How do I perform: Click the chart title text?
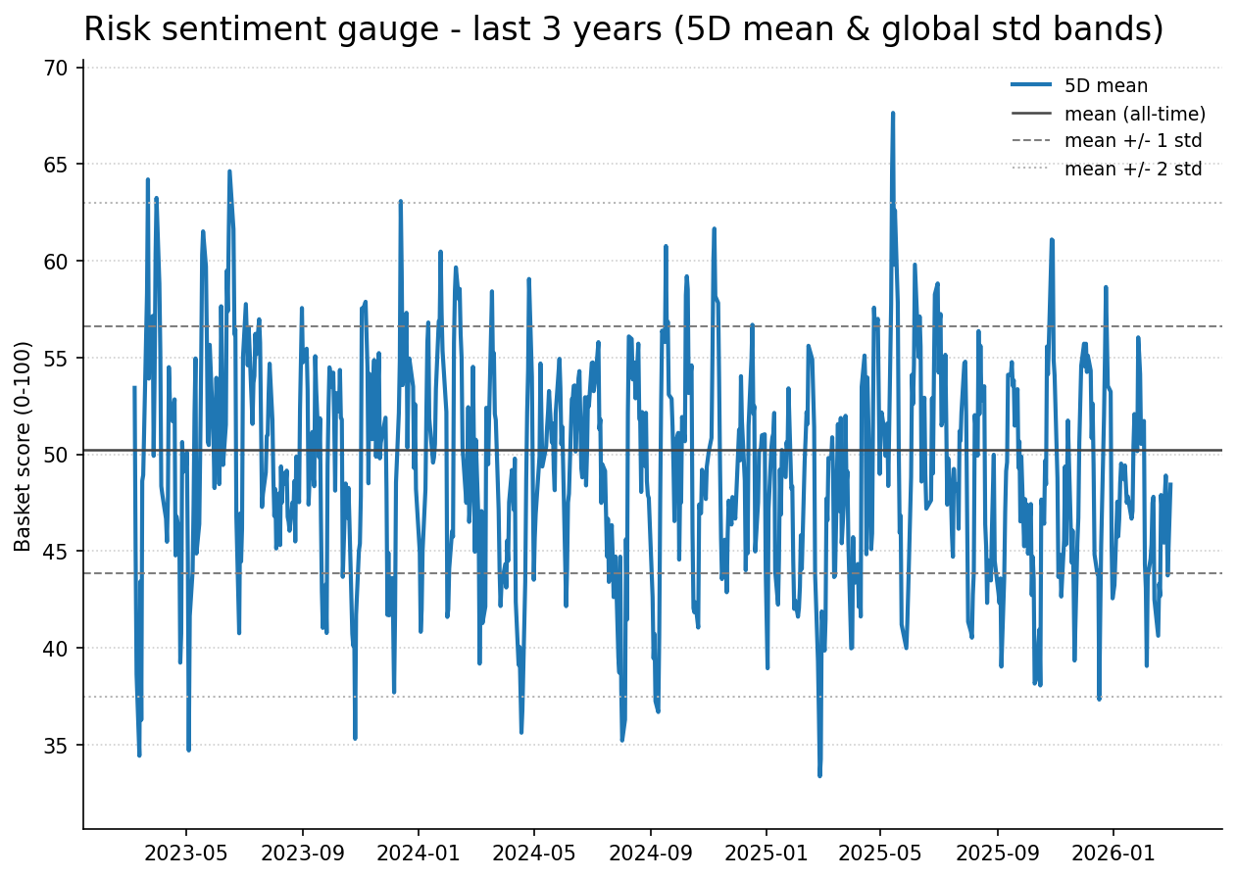[x=623, y=29]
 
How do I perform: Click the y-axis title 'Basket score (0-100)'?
[x=24, y=446]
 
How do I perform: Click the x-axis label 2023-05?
[x=186, y=853]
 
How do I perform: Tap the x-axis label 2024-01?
[x=419, y=853]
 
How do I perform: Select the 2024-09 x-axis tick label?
[x=650, y=853]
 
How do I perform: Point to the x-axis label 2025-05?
[x=880, y=853]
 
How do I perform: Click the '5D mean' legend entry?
[x=1106, y=86]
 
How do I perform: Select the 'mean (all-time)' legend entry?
[x=1134, y=114]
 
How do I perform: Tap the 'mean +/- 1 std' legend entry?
[x=1132, y=141]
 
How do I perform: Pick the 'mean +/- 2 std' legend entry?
[x=1132, y=169]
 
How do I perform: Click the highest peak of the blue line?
[x=893, y=113]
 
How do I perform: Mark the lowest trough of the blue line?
[x=819, y=775]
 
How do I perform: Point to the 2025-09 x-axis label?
[x=997, y=853]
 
